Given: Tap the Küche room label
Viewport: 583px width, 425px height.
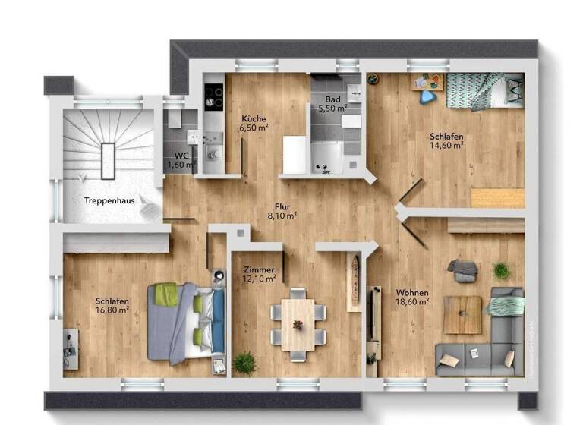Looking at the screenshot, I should [x=253, y=119].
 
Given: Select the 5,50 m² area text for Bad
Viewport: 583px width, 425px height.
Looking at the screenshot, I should [x=332, y=109].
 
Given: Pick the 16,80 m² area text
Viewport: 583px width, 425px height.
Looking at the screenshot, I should [x=112, y=310].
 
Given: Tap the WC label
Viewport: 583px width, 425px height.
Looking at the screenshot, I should [x=181, y=156].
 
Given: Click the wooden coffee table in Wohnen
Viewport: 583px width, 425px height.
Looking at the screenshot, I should [x=463, y=314].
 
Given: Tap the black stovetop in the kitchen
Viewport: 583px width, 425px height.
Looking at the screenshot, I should [x=214, y=96].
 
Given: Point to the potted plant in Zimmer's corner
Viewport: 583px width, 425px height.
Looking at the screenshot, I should [x=244, y=363].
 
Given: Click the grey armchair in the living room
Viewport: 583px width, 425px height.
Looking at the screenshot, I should [x=462, y=270].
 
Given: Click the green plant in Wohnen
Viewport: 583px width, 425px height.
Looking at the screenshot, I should [x=501, y=270].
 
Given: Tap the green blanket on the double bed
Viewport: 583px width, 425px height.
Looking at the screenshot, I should [x=166, y=294].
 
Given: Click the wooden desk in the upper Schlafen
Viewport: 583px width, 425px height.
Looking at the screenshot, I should [x=497, y=198].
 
